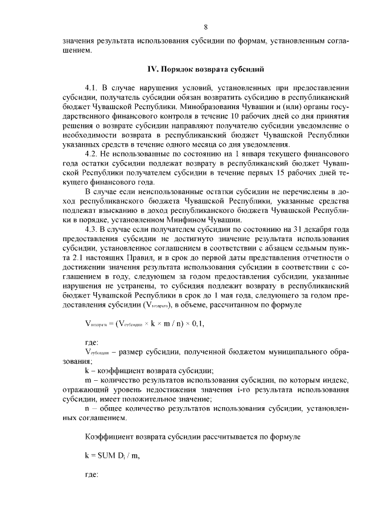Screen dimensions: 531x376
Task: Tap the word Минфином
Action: tap(186, 220)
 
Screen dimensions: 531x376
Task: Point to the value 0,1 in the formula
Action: tap(201, 323)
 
